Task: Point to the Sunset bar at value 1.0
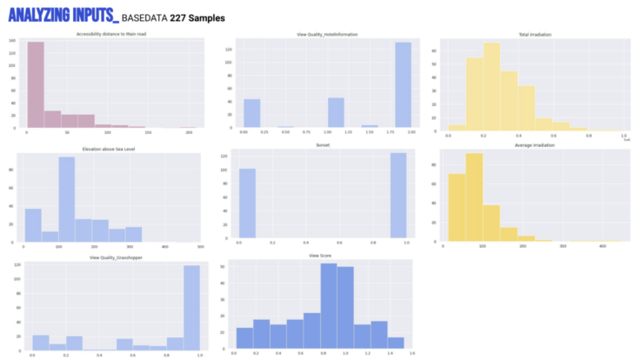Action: [398, 196]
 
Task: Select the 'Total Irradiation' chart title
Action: [534, 35]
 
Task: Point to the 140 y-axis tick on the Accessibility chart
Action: [11, 41]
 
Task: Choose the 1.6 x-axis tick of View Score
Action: [411, 354]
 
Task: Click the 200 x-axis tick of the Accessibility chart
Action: [189, 134]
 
